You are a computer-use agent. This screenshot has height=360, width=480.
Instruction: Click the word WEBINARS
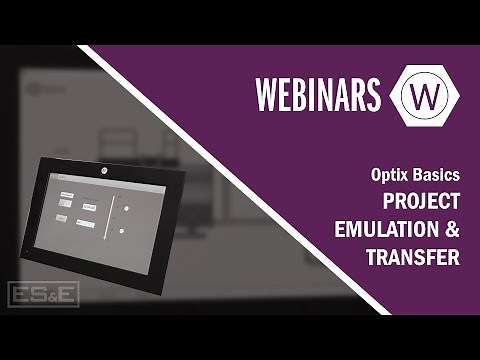coord(317,93)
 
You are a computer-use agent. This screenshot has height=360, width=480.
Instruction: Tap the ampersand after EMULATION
coord(452,229)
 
